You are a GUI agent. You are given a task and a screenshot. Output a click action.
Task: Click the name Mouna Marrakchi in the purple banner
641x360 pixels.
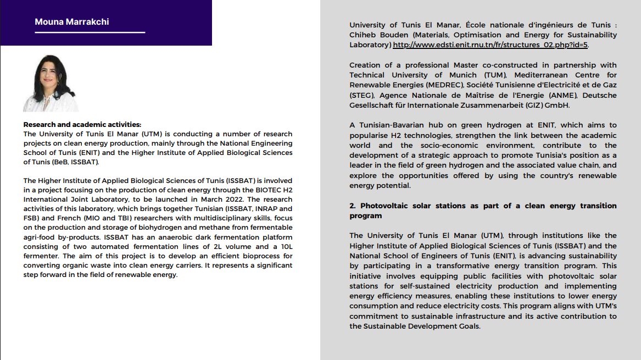(71, 22)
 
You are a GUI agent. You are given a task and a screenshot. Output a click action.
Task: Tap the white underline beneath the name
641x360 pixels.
(90, 32)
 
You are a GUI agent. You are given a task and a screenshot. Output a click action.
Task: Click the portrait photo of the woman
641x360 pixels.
(51, 84)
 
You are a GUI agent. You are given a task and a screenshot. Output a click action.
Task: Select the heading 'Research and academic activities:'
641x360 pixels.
(82, 125)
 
